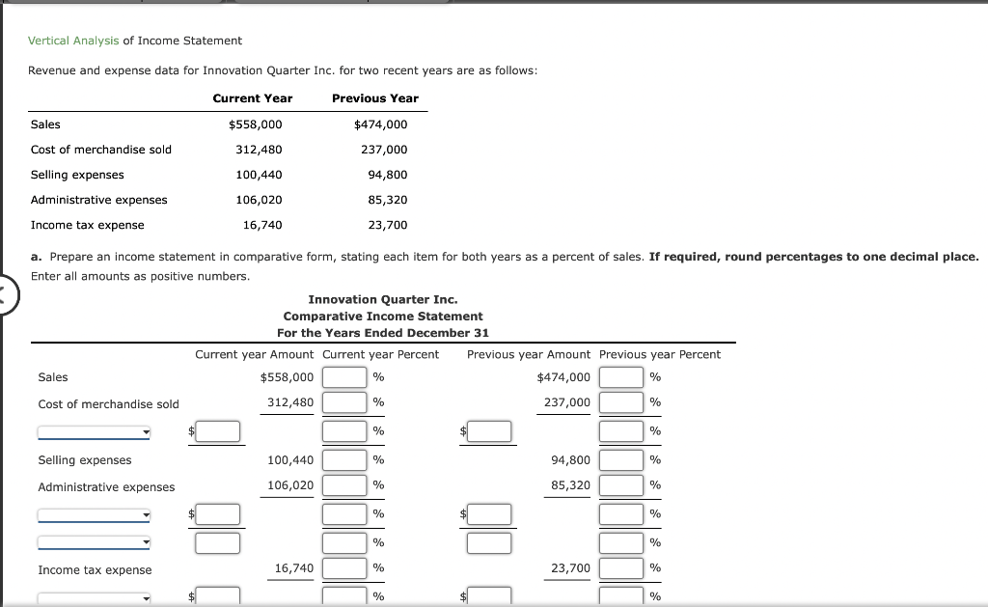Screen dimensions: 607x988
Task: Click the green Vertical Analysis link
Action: [x=73, y=41]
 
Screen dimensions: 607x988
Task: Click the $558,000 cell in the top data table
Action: [x=255, y=124]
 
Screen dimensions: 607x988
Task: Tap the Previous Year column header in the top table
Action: [x=374, y=98]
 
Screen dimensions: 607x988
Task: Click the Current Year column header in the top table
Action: [x=252, y=98]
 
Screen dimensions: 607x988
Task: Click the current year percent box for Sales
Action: [x=344, y=377]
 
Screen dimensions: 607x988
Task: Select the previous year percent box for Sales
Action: [x=621, y=377]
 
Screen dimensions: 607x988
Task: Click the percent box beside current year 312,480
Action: [x=344, y=402]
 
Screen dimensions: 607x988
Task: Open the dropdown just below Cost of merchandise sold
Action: [x=94, y=432]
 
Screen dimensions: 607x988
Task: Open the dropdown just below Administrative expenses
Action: [x=94, y=515]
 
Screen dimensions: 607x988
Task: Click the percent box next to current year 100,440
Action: [x=344, y=460]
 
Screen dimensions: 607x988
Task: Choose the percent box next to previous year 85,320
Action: [x=621, y=485]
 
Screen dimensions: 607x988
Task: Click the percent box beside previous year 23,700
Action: [x=621, y=568]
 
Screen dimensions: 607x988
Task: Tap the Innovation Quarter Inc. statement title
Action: [x=382, y=300]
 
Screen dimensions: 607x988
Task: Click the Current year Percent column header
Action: [x=380, y=355]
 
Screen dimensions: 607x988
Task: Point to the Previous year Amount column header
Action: [x=528, y=355]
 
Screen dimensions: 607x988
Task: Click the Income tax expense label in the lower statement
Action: [x=95, y=570]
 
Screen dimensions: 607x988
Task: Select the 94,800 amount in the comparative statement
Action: [x=570, y=460]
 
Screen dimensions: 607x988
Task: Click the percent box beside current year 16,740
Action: [x=344, y=568]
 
